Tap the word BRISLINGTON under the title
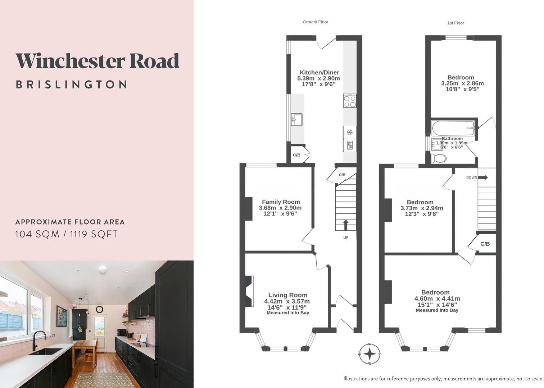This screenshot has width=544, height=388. click(71, 84)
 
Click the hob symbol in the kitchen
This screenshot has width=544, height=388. click(350, 101)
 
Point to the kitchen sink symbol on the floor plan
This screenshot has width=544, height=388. click(296, 119)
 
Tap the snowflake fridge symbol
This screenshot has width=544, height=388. click(349, 132)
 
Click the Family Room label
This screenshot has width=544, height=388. click(281, 202)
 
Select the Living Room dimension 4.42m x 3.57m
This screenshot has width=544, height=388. click(287, 301)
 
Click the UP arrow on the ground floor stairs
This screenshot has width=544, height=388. click(346, 225)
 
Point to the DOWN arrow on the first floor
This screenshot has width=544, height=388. click(482, 177)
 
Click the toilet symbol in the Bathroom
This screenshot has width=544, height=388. click(439, 158)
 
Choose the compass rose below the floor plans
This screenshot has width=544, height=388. click(370, 354)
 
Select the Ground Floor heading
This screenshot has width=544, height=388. click(315, 22)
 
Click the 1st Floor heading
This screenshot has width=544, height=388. click(455, 23)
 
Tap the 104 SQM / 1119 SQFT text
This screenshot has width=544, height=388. click(66, 234)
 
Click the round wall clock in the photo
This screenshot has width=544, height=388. click(99, 309)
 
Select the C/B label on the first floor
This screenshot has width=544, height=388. click(485, 244)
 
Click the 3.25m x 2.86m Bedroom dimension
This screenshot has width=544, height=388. click(462, 83)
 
